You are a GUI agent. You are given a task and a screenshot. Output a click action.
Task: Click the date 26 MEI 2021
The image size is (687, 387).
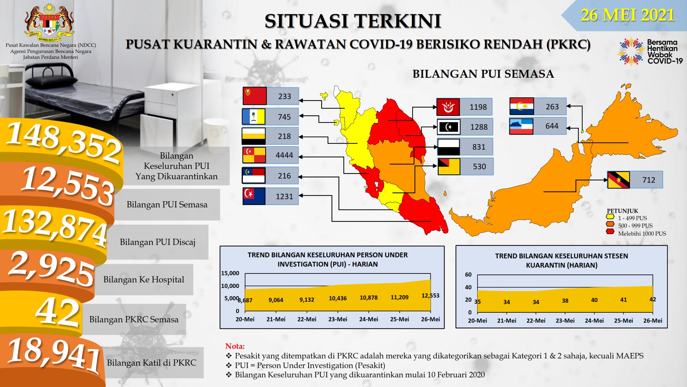(x=628, y=15)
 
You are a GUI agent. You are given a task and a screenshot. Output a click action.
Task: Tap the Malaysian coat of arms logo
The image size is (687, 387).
(x=49, y=21)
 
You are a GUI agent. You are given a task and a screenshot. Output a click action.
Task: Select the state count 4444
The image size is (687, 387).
(x=284, y=155)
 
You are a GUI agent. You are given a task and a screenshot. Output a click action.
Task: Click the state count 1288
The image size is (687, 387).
(x=479, y=127)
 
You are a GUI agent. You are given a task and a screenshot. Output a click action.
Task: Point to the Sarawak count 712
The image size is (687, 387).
(x=649, y=180)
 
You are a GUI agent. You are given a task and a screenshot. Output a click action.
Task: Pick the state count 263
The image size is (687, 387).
(x=552, y=107)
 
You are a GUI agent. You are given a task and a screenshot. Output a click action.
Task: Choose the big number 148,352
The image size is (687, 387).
(x=64, y=141)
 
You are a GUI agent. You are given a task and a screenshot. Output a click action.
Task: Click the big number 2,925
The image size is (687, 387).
(x=52, y=268)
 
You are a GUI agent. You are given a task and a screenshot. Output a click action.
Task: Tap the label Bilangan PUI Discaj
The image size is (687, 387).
(x=158, y=242)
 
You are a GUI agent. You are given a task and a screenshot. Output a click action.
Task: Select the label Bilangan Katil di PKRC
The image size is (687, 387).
(x=151, y=363)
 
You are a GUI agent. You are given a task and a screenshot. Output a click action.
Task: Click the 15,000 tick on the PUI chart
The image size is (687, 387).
(x=230, y=273)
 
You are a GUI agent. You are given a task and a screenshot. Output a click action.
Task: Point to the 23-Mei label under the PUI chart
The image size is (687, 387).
(x=338, y=319)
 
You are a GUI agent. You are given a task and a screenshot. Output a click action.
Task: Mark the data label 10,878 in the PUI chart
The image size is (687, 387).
(x=369, y=298)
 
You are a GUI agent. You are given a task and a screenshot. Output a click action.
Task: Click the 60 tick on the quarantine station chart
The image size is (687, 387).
(x=468, y=275)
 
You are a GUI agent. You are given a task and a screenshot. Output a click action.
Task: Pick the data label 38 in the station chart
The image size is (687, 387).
(x=565, y=301)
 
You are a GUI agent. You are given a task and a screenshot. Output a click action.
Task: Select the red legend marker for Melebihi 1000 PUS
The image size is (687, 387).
(x=610, y=232)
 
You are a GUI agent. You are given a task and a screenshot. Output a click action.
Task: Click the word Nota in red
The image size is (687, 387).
(x=235, y=346)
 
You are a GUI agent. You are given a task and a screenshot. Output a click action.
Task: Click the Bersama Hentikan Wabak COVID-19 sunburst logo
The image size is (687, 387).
(x=631, y=52)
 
